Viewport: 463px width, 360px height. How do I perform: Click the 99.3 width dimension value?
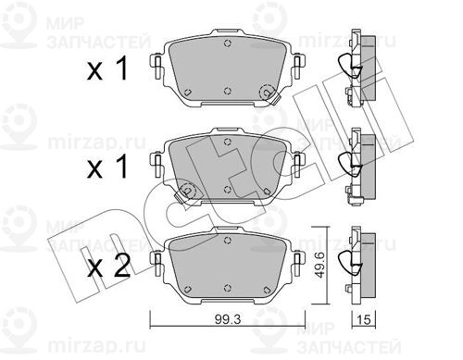(228, 319)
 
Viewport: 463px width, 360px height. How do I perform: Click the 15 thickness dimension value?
(364, 319)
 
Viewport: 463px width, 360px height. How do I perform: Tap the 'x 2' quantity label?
(108, 267)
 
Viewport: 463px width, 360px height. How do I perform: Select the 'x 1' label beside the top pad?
(107, 68)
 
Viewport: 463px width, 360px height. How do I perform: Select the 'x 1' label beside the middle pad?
(107, 167)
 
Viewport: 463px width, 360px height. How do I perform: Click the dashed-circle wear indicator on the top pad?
(268, 92)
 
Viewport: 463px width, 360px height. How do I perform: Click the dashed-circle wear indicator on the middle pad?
(187, 191)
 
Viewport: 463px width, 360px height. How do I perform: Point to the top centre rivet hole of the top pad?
(228, 43)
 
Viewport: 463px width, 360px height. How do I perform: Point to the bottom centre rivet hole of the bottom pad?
(228, 288)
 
